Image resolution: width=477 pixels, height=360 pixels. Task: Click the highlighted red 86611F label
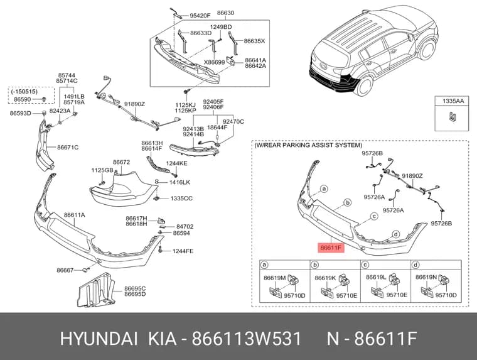pos(331,248)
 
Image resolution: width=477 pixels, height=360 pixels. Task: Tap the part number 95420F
pos(200,16)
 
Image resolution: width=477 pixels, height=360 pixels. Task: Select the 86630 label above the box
pos(225,13)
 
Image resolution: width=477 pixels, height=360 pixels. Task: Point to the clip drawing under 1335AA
pos(453,117)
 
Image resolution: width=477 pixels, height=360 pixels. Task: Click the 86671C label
pos(68,148)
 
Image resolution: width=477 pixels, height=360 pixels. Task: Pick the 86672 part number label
pos(121,162)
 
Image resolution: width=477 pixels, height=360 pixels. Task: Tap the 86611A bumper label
pos(75,215)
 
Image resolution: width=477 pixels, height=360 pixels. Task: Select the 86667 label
pos(65,270)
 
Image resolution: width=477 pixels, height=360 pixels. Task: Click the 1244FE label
pos(183,251)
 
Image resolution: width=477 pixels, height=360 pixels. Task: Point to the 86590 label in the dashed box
pos(23,99)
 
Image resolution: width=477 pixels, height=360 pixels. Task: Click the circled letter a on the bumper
pos(324,189)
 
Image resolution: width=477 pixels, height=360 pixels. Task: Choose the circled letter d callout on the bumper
pos(396,234)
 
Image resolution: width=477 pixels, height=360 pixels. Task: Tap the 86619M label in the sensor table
pos(275,278)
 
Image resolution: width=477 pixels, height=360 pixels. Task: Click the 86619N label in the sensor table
pos(426,277)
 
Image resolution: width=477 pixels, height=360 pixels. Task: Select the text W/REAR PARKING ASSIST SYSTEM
pos(308,145)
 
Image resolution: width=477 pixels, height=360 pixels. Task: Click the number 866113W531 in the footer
pos(247,339)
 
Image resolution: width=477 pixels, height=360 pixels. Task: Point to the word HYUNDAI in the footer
pos(99,339)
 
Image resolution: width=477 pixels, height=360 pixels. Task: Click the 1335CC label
pos(181,199)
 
